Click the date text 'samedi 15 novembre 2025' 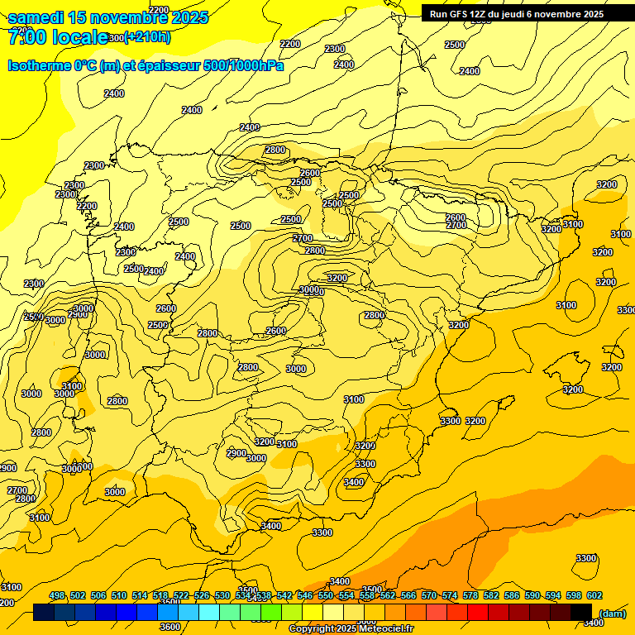click(x=107, y=17)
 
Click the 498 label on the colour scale click(x=57, y=595)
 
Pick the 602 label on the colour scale click(x=594, y=595)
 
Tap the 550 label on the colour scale click(x=326, y=595)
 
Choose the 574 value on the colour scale click(x=450, y=595)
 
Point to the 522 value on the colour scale click(x=181, y=595)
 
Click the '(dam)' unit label click(x=612, y=614)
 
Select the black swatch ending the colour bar click(x=581, y=612)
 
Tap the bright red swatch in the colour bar click(x=478, y=612)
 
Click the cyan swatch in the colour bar click(x=209, y=612)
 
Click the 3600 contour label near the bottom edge click(x=169, y=627)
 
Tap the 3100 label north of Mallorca click(x=566, y=306)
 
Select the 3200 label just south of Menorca click(x=612, y=367)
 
